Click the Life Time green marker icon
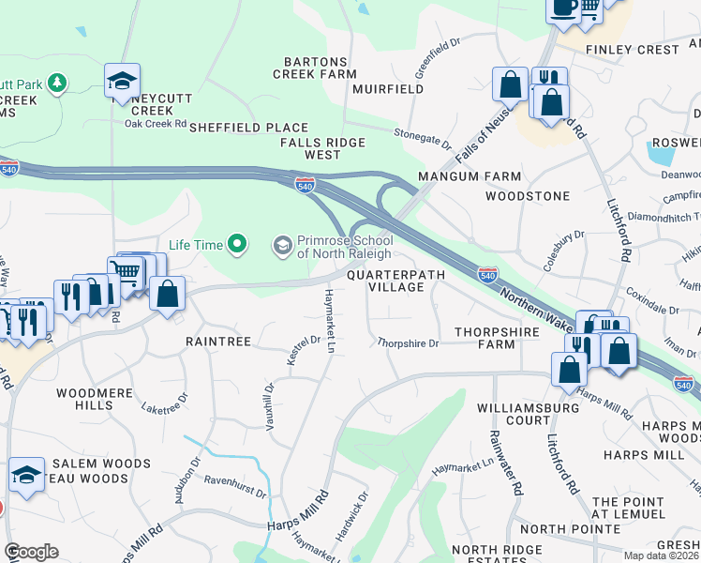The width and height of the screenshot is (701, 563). click(x=237, y=245)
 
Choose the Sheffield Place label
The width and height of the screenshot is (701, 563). click(x=248, y=128)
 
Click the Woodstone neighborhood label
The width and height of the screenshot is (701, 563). click(x=528, y=196)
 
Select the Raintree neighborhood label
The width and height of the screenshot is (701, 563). click(x=217, y=342)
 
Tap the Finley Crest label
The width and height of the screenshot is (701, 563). click(x=632, y=49)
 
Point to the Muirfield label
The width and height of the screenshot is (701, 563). click(x=388, y=89)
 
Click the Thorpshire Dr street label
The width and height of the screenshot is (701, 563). click(x=408, y=343)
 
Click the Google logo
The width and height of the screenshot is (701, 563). click(x=31, y=552)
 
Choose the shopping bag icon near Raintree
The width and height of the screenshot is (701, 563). click(x=167, y=294)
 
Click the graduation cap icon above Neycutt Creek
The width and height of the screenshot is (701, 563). click(x=122, y=82)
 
